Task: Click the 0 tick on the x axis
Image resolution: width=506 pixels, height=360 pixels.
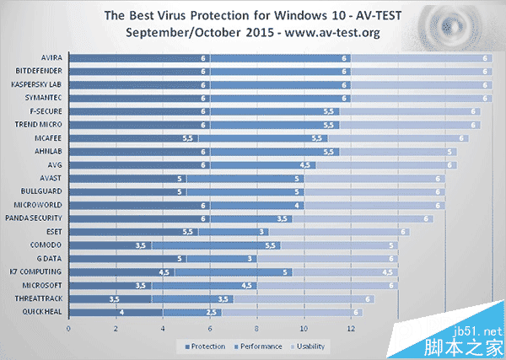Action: click(68, 329)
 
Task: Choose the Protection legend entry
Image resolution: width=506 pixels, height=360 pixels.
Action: click(202, 346)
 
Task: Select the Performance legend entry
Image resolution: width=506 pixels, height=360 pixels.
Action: click(255, 346)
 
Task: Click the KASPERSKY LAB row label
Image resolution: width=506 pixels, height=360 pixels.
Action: click(37, 85)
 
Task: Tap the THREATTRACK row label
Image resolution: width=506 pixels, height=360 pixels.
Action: click(40, 298)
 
